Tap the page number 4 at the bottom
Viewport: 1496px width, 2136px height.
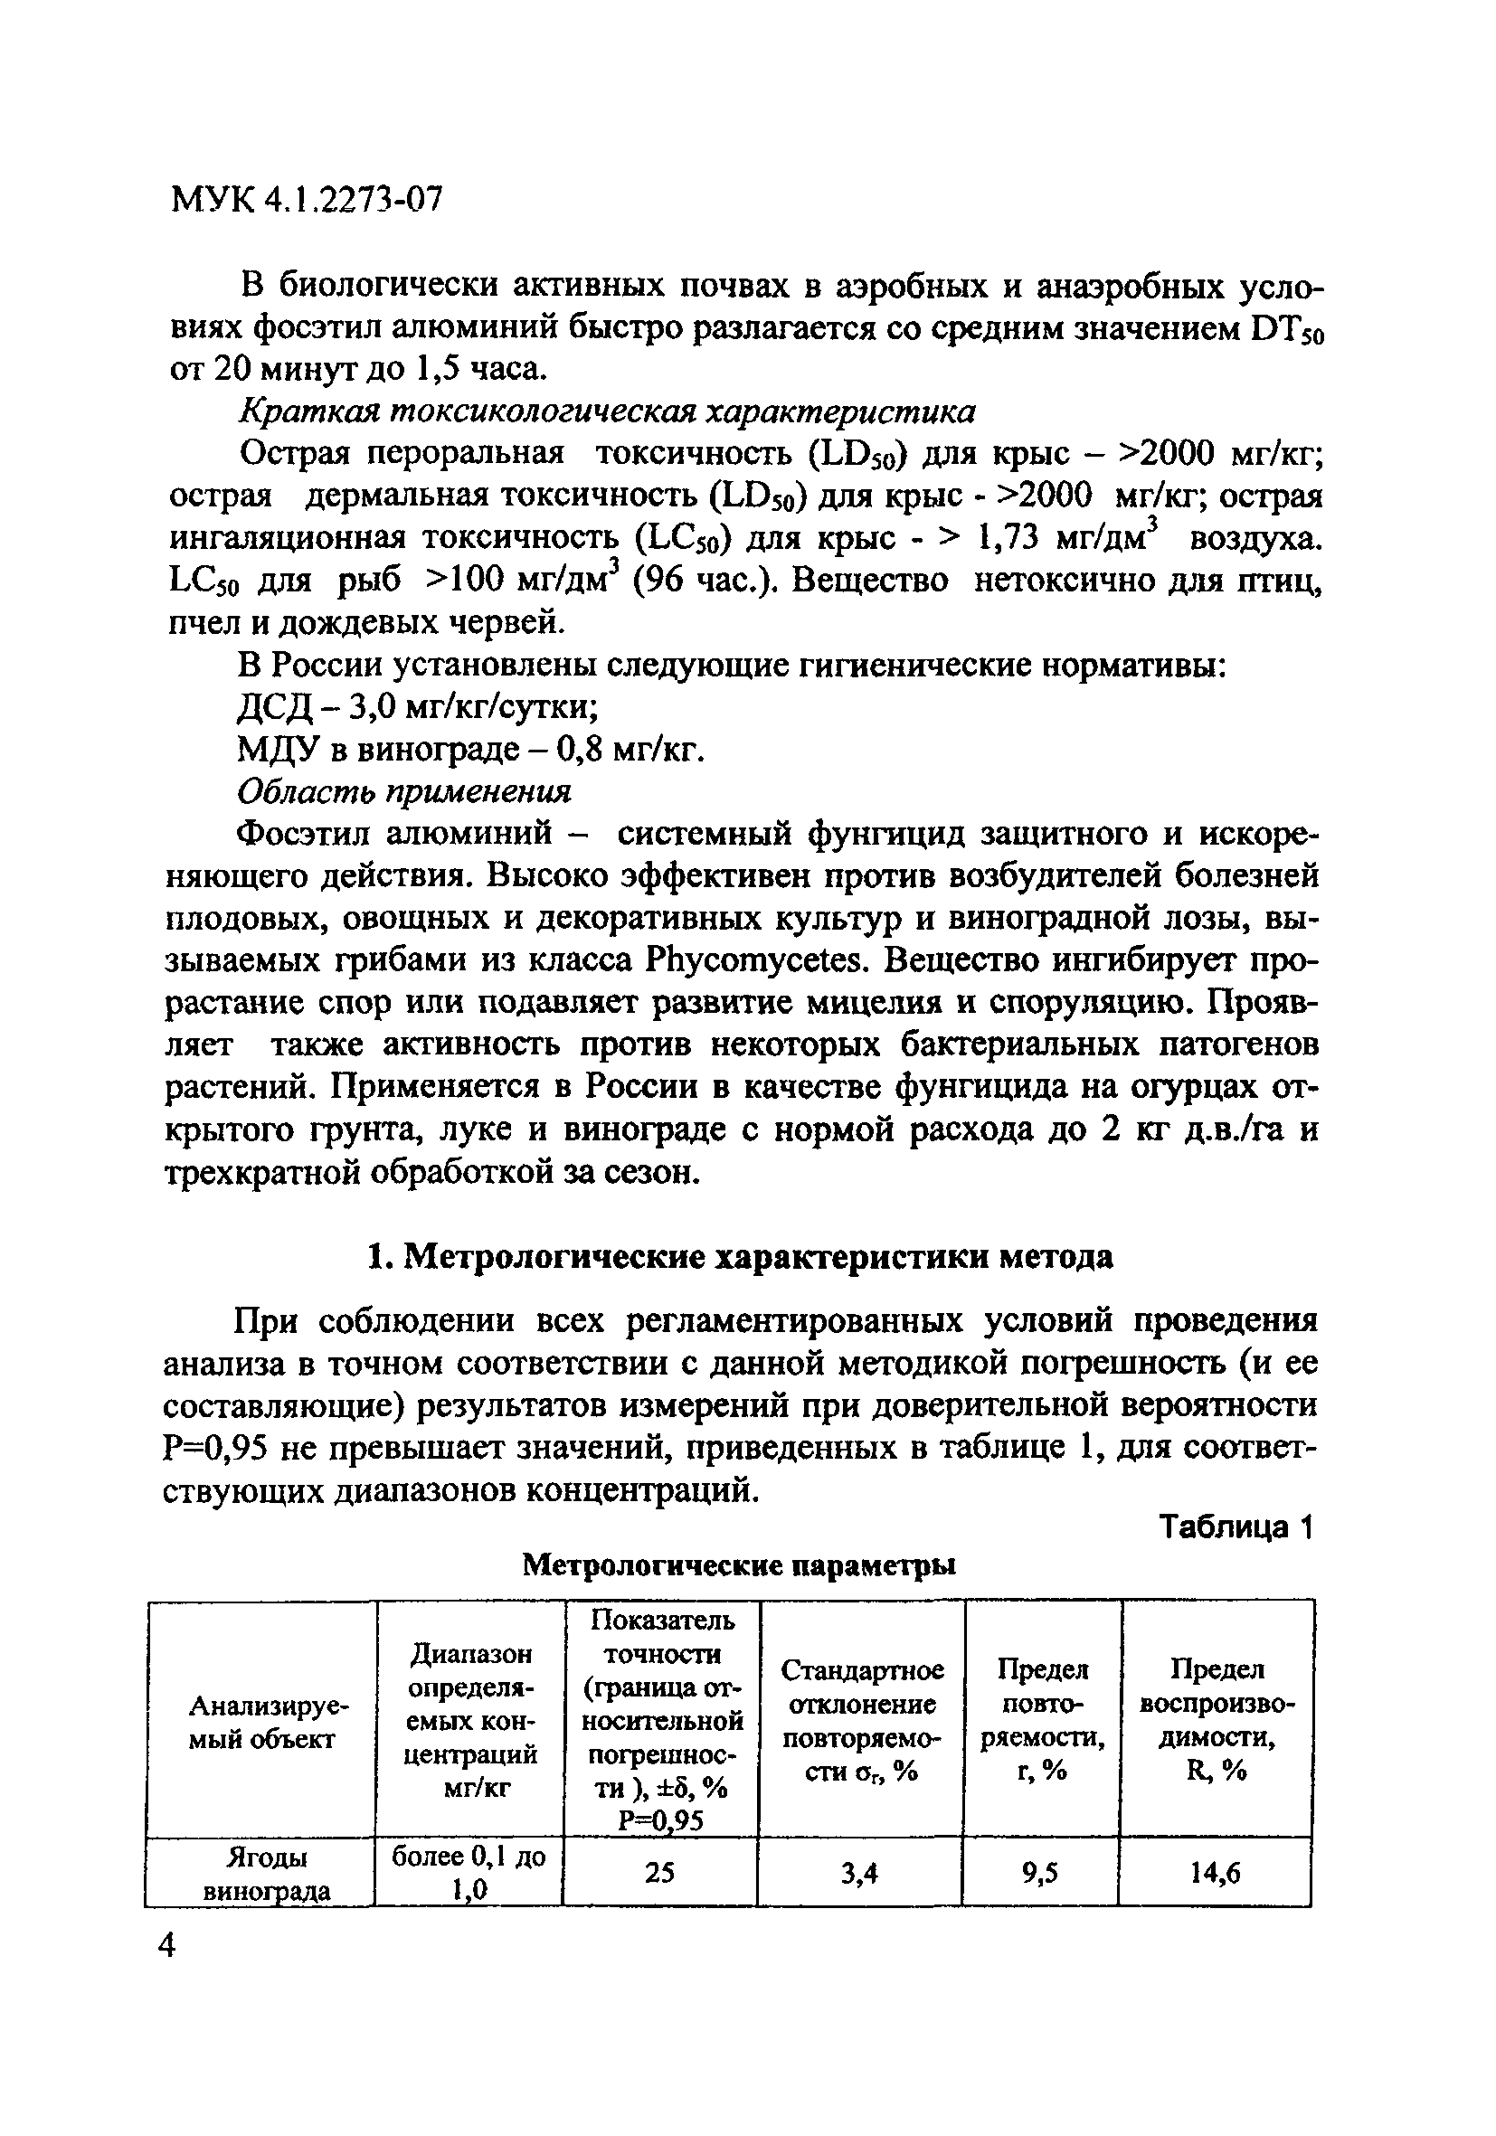coord(167,1945)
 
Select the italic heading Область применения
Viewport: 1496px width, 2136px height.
coord(403,791)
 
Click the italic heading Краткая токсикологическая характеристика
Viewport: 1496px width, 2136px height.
coord(608,411)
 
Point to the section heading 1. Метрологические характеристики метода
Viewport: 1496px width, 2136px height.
coord(740,1257)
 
